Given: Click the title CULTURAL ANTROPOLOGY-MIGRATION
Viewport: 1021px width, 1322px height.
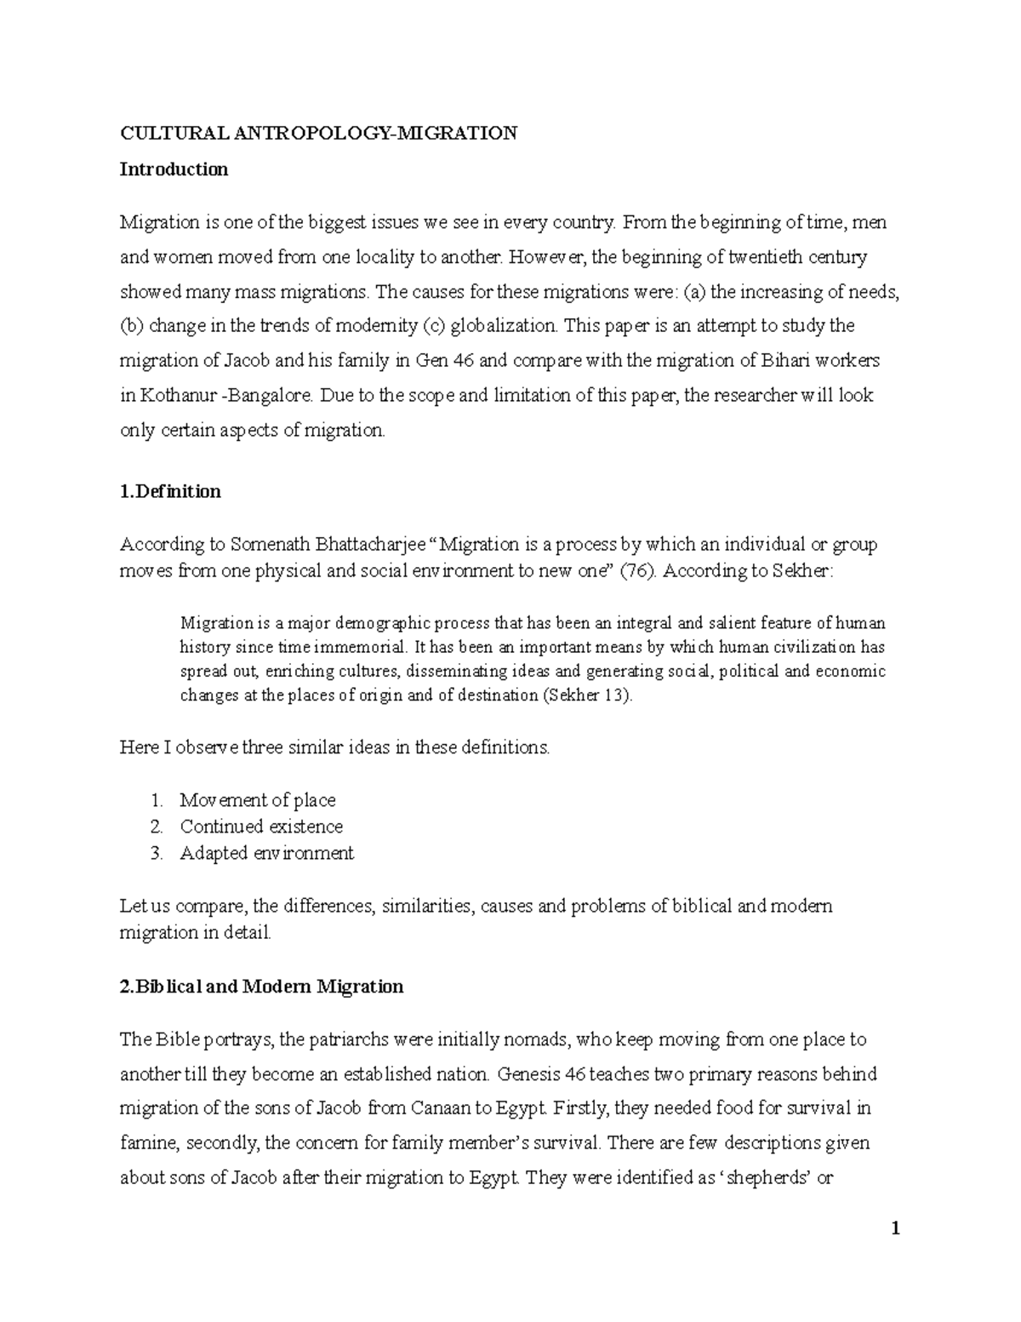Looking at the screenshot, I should (318, 133).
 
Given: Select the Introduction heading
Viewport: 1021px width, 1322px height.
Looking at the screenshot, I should (174, 169).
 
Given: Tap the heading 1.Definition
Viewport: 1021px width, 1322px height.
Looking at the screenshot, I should (170, 491).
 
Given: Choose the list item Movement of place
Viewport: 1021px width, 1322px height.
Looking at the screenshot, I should (257, 800).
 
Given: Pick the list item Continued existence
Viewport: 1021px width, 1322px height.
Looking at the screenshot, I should (261, 827).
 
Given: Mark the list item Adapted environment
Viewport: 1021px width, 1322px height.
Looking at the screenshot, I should (266, 853).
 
